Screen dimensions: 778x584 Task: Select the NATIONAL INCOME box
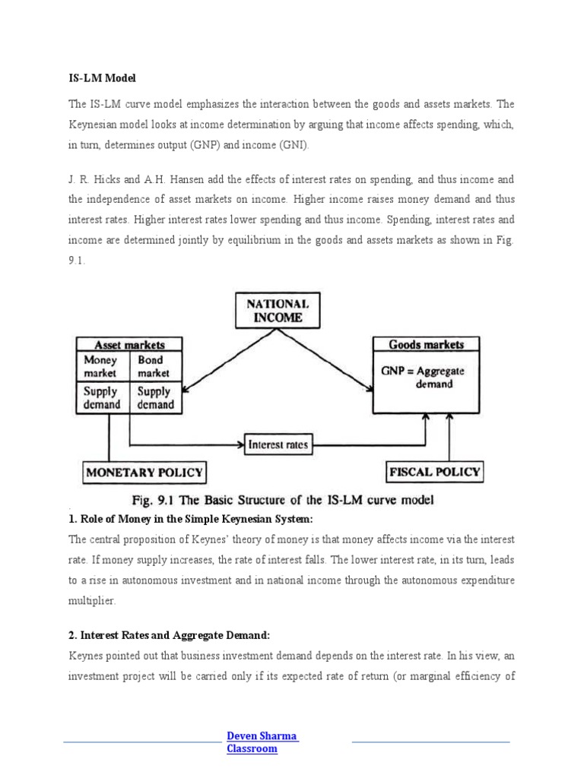278,311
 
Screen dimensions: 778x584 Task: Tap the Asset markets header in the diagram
129,344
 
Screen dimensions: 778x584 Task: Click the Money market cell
100,366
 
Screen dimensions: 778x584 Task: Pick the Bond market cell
154,366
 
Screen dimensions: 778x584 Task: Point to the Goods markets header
426,344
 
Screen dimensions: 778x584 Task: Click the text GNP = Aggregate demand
423,378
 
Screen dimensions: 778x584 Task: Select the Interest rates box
278,444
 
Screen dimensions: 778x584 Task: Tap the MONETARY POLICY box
144,472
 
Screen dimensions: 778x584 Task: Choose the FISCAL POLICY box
434,472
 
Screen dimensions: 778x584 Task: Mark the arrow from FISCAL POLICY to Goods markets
451,437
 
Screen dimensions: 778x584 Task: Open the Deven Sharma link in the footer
262,735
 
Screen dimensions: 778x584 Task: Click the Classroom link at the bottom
252,749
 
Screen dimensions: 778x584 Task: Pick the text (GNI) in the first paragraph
284,145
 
